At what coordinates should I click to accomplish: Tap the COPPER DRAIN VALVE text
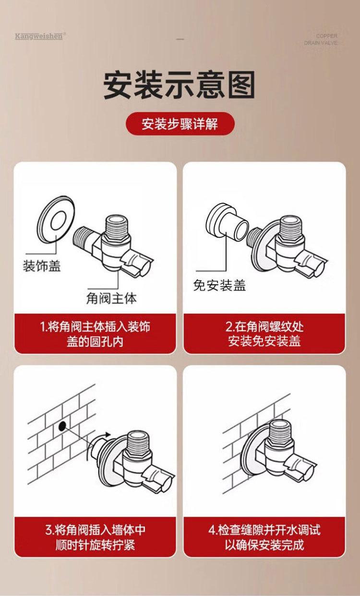321,39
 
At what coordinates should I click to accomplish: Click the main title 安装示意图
180,85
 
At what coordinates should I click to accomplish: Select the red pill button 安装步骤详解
180,124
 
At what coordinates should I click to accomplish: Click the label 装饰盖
42,266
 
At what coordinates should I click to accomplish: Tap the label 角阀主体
111,298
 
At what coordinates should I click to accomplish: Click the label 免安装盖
220,285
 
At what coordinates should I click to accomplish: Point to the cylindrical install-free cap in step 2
227,222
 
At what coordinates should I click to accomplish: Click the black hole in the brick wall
62,426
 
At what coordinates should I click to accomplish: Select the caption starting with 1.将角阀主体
95,334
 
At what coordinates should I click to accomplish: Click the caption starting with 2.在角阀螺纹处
264,334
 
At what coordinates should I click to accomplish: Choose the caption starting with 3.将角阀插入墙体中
95,537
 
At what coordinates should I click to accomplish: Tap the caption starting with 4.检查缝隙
264,537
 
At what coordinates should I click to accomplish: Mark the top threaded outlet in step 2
292,227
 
